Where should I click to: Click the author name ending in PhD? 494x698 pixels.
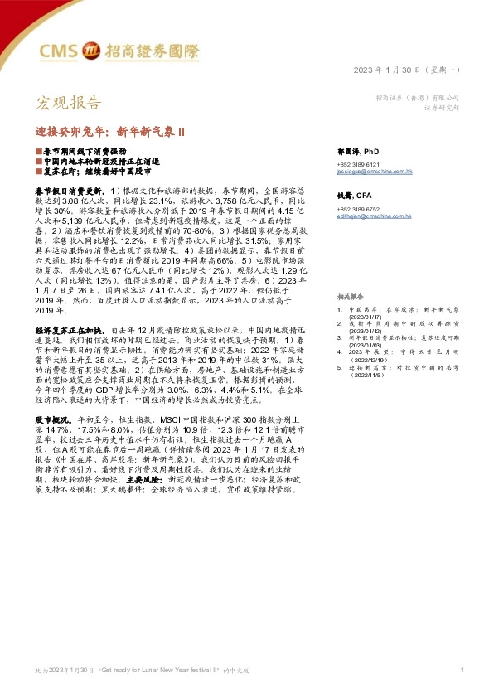[x=358, y=153]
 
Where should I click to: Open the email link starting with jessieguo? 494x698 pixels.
[x=375, y=172]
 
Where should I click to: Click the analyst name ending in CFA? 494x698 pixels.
[x=352, y=195]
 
